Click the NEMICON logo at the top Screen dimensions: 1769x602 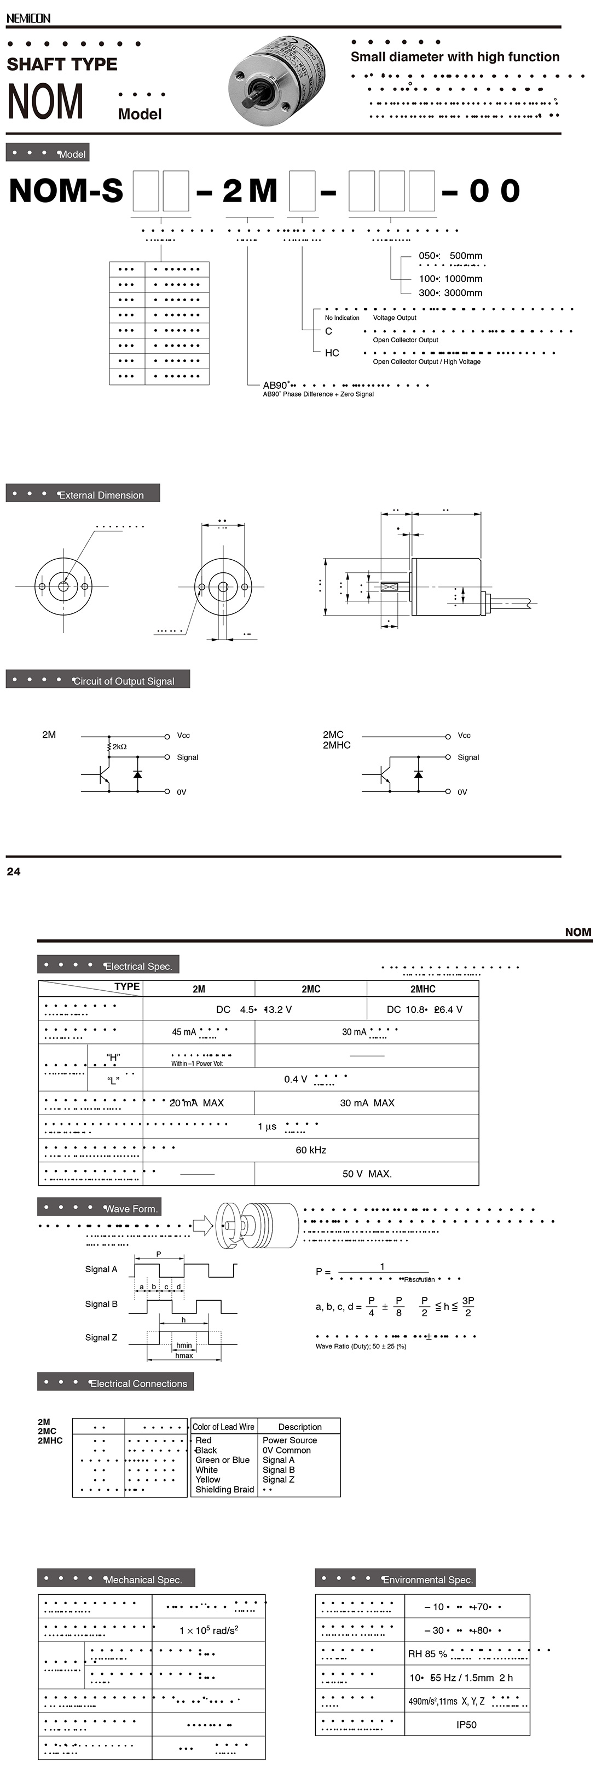click(x=28, y=18)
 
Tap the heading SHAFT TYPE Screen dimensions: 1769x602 click(x=62, y=65)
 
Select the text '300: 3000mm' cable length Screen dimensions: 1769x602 click(x=450, y=292)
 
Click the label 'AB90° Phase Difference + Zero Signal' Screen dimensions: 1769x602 click(x=318, y=394)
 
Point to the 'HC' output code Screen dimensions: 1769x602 click(x=332, y=353)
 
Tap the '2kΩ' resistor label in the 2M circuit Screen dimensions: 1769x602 click(x=119, y=746)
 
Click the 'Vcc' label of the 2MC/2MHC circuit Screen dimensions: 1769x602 click(x=464, y=736)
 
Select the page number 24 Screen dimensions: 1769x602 click(x=14, y=871)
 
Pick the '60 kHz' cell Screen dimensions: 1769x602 click(x=310, y=1150)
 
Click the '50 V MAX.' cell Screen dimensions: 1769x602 click(x=367, y=1174)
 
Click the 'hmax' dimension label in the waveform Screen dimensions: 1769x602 click(x=184, y=1356)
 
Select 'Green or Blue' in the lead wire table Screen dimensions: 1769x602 click(x=222, y=1460)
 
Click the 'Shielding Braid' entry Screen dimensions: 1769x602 click(x=224, y=1490)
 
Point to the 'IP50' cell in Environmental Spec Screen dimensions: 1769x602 click(x=466, y=1724)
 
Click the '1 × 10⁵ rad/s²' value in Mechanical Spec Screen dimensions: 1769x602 click(x=209, y=1630)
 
